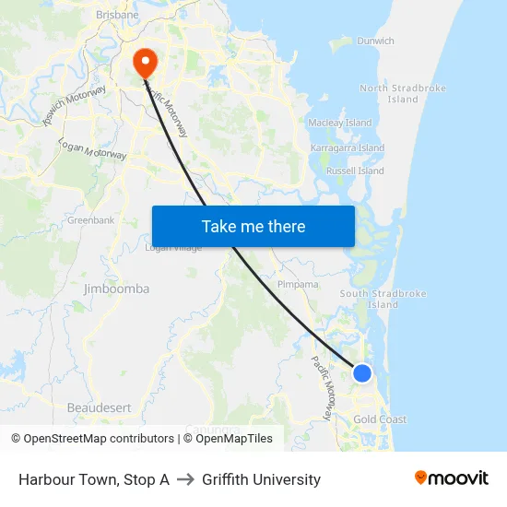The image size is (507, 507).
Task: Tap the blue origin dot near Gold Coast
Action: pos(362,373)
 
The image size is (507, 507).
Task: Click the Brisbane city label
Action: pos(117,16)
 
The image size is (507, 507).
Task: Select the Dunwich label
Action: pos(375,41)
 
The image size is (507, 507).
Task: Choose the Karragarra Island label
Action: pos(348,147)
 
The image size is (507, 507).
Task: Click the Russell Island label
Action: pos(355,171)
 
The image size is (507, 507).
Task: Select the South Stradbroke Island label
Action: pos(383,299)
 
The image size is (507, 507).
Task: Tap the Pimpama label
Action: pos(297,285)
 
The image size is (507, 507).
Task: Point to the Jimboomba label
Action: pos(116,289)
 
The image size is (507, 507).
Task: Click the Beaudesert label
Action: pos(99,407)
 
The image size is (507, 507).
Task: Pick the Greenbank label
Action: pos(90,220)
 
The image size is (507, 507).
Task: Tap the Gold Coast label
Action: pos(380,419)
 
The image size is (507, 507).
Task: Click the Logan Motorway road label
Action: pos(92,149)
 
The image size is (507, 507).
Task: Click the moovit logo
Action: pos(451,478)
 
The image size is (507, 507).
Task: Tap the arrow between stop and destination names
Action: pos(184,479)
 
